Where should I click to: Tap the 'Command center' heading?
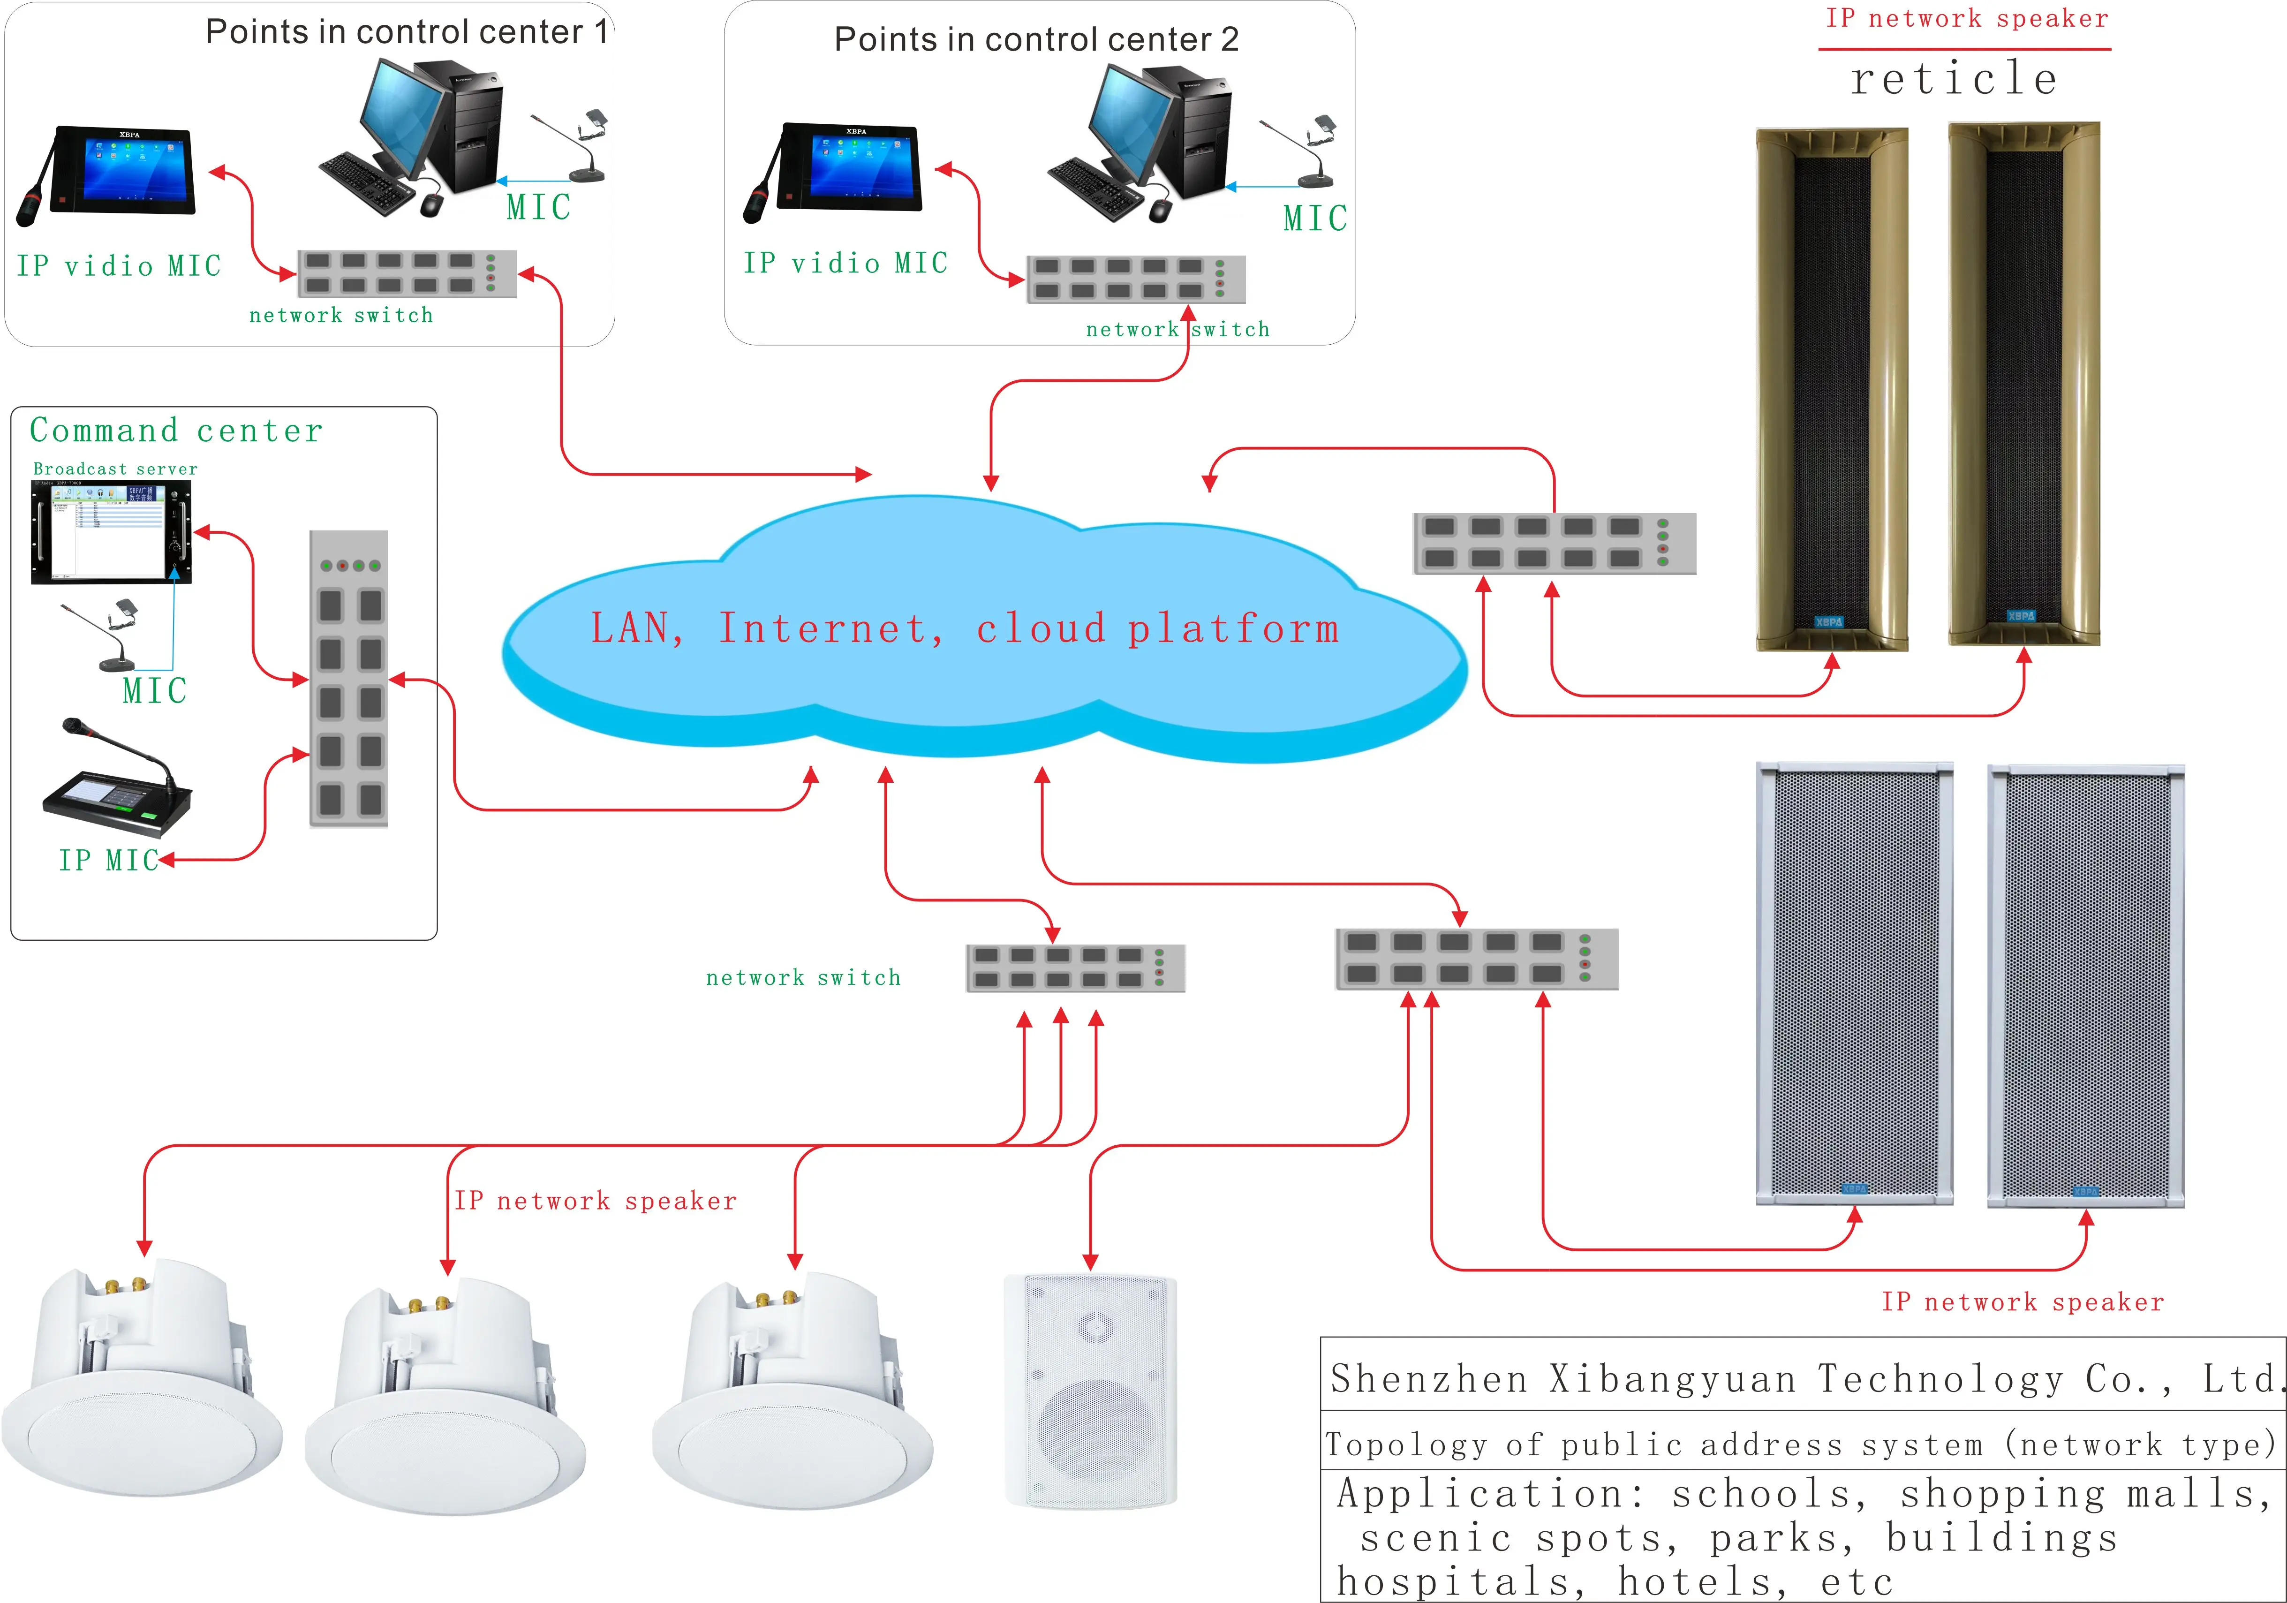click(176, 431)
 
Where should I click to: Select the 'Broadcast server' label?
click(115, 468)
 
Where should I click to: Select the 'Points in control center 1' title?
click(407, 32)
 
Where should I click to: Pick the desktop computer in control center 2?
click(1146, 139)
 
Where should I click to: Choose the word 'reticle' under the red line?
click(1953, 79)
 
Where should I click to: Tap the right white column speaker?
click(2086, 986)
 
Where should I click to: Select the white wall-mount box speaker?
click(1092, 1390)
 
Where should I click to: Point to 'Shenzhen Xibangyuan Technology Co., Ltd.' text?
click(1803, 1379)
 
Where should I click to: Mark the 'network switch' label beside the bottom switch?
click(803, 977)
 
